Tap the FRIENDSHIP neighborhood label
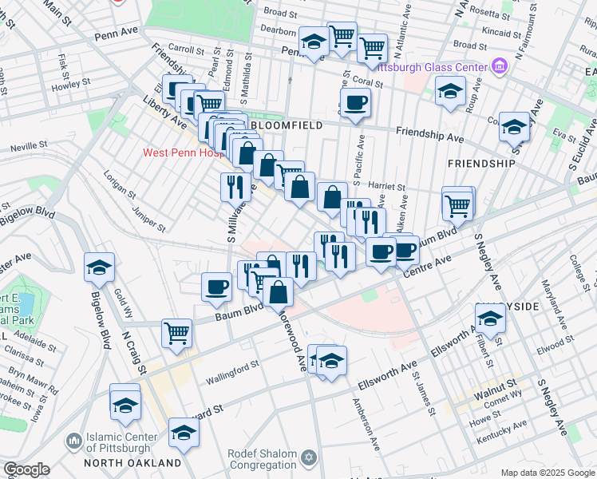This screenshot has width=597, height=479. [x=481, y=163]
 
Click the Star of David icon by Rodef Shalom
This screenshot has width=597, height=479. [x=308, y=458]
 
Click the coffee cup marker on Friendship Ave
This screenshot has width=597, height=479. [x=355, y=103]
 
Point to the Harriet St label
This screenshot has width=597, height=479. [x=388, y=186]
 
